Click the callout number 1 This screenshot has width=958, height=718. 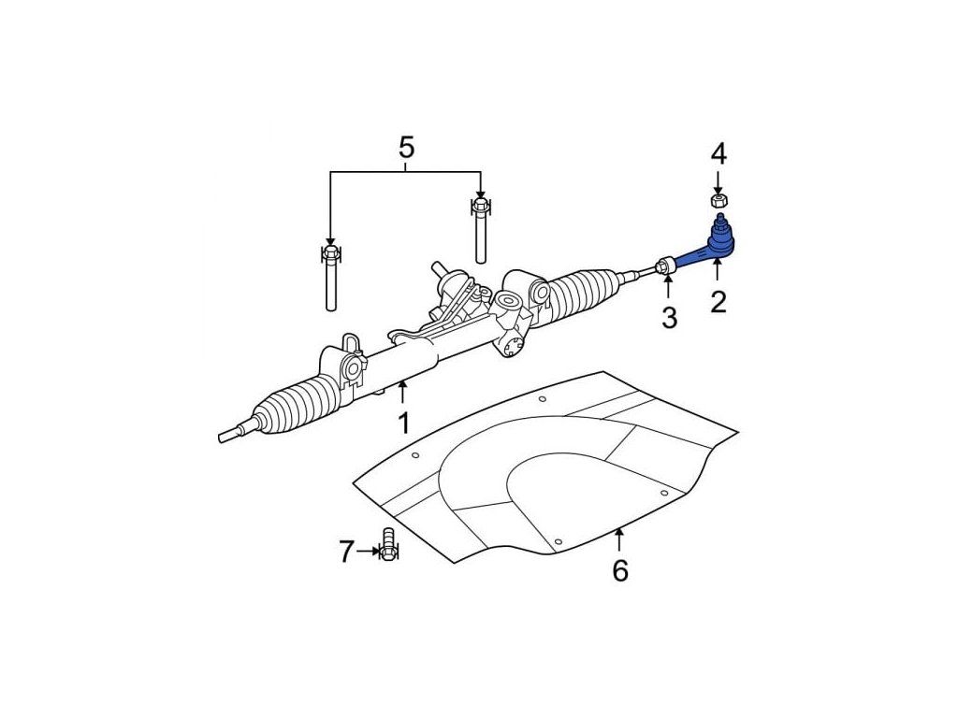403,424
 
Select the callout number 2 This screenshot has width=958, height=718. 718,301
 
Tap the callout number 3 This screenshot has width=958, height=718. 669,318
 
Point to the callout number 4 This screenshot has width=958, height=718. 718,152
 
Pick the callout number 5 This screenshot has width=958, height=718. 406,147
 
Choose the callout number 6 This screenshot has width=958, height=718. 620,569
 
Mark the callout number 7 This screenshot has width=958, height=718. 346,553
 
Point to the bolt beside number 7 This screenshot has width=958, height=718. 389,545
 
